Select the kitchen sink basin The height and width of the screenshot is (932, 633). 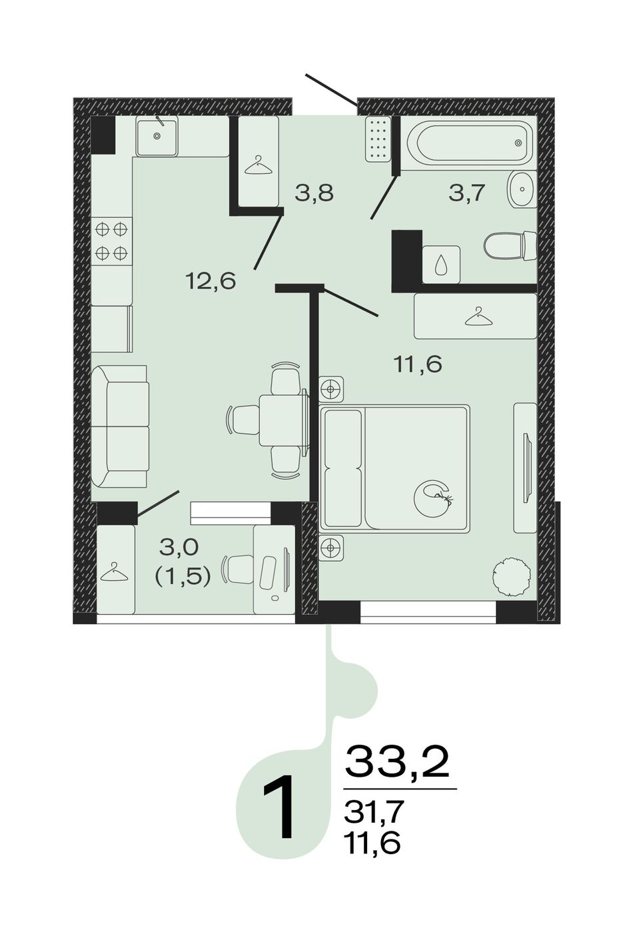point(157,135)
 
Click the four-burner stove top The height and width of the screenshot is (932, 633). point(111,241)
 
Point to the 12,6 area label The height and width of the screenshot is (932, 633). point(211,282)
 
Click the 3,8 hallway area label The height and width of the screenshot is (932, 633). point(315,193)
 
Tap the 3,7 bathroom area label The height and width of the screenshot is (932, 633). point(467,193)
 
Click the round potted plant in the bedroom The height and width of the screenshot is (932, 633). point(512,578)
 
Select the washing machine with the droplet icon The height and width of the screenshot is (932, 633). point(441,264)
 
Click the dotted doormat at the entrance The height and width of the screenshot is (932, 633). point(378,139)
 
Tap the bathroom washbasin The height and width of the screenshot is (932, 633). point(522,189)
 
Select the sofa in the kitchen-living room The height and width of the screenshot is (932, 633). point(120,426)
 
